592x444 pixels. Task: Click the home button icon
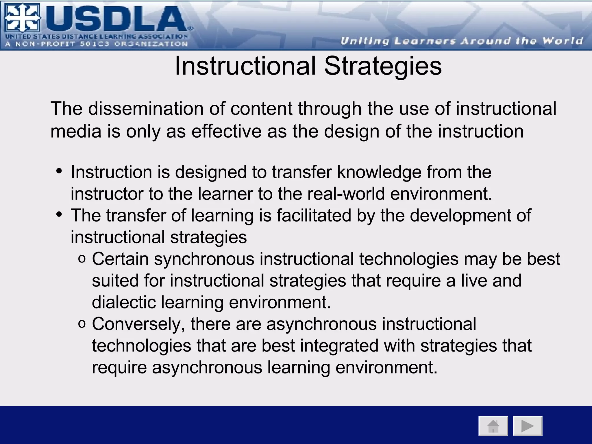tap(493, 426)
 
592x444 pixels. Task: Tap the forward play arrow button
tap(528, 426)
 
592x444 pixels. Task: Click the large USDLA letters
tap(116, 19)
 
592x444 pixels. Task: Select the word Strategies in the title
tap(383, 66)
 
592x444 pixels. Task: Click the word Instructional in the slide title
tap(245, 66)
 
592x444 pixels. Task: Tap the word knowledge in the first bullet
tap(379, 172)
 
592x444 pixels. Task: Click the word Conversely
tap(138, 324)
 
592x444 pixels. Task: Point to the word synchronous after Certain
tap(204, 259)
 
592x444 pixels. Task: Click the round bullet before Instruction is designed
tap(60, 171)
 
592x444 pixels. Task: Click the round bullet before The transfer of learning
tap(60, 214)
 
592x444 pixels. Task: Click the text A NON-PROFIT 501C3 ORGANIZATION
tap(97, 44)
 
